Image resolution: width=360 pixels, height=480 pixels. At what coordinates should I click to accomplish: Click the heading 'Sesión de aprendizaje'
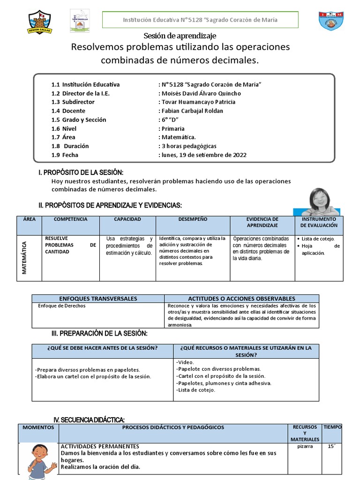(180, 36)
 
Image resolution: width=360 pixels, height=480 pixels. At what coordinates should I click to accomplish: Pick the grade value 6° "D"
(171, 120)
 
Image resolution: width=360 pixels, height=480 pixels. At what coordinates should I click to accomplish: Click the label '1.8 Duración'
(70, 146)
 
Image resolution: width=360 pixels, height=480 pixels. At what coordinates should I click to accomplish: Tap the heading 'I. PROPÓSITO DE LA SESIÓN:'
(81, 173)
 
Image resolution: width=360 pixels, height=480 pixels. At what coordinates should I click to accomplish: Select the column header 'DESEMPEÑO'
(193, 219)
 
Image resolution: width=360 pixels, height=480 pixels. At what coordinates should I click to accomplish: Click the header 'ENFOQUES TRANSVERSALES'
(98, 299)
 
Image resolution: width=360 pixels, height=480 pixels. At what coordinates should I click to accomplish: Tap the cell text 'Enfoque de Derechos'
(62, 306)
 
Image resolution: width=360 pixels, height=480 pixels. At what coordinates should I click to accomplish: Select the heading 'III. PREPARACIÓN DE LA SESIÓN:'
(99, 333)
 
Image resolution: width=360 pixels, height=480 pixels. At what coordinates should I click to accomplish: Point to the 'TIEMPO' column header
(332, 427)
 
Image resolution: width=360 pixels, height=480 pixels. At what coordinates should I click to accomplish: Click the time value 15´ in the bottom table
(332, 447)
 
